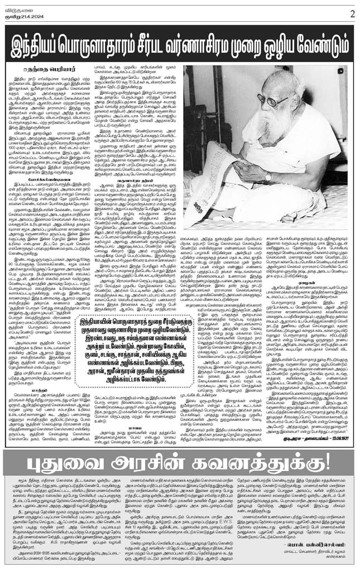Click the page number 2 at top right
[x=352, y=12]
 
